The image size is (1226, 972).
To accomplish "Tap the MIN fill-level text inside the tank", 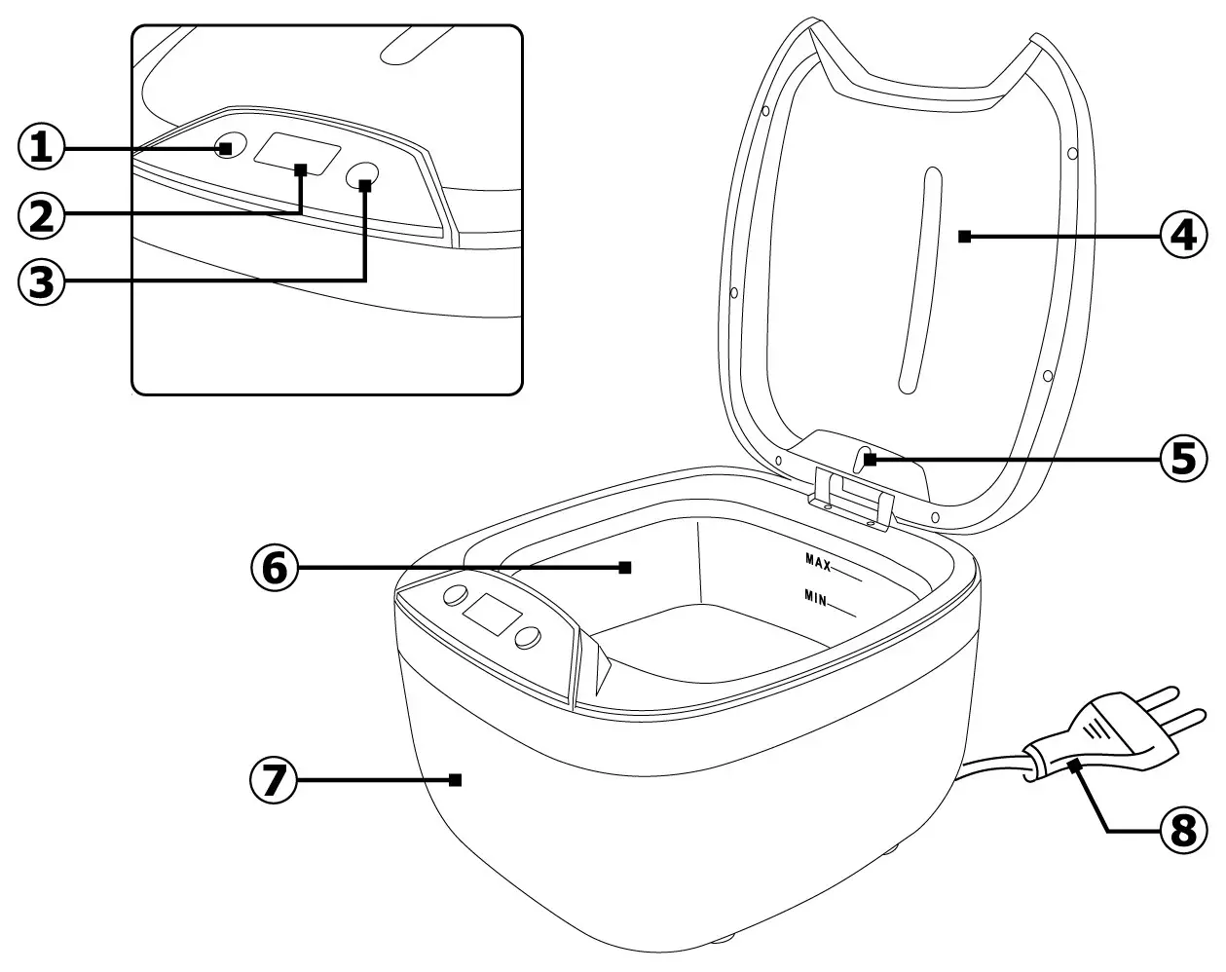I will pyautogui.click(x=816, y=596).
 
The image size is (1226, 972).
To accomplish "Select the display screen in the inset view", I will pyautogui.click(x=298, y=156).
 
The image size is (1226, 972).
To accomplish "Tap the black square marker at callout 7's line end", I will pyautogui.click(x=455, y=779).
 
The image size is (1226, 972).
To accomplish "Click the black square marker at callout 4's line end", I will pyautogui.click(x=963, y=235).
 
